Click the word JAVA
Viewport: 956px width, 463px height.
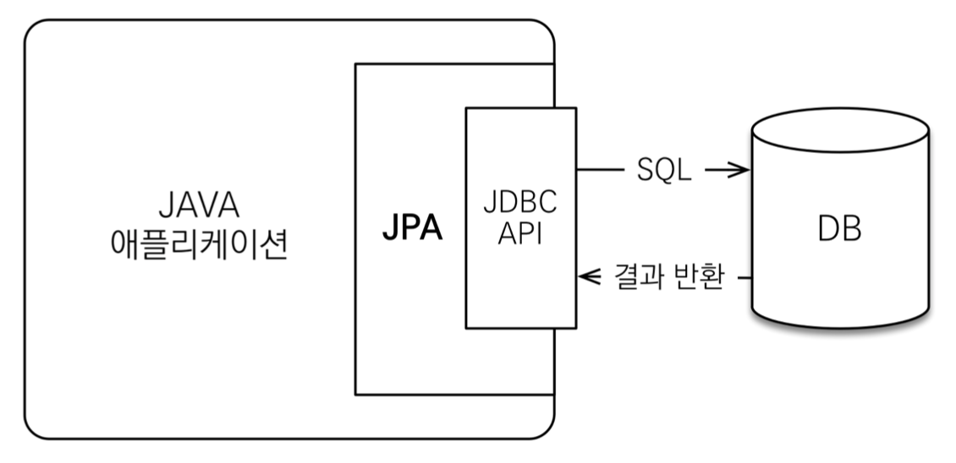click(x=199, y=206)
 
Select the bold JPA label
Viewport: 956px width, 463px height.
click(x=412, y=229)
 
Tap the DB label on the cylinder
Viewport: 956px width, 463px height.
click(x=840, y=229)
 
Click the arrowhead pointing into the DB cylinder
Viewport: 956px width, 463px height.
click(x=742, y=171)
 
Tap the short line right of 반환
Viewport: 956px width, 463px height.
click(x=743, y=277)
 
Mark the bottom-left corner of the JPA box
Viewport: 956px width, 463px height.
click(x=356, y=394)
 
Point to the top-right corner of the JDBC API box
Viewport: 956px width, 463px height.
click(x=575, y=108)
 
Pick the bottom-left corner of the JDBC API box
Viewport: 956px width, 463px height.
click(x=466, y=328)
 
